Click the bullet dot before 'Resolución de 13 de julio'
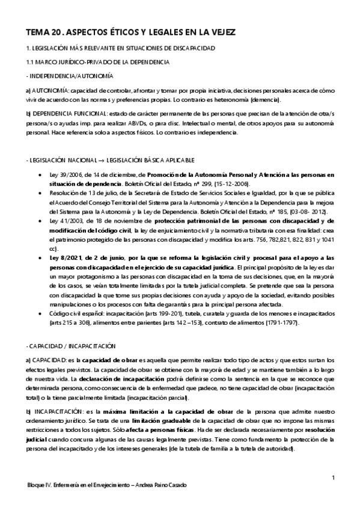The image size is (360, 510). pyautogui.click(x=39, y=194)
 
